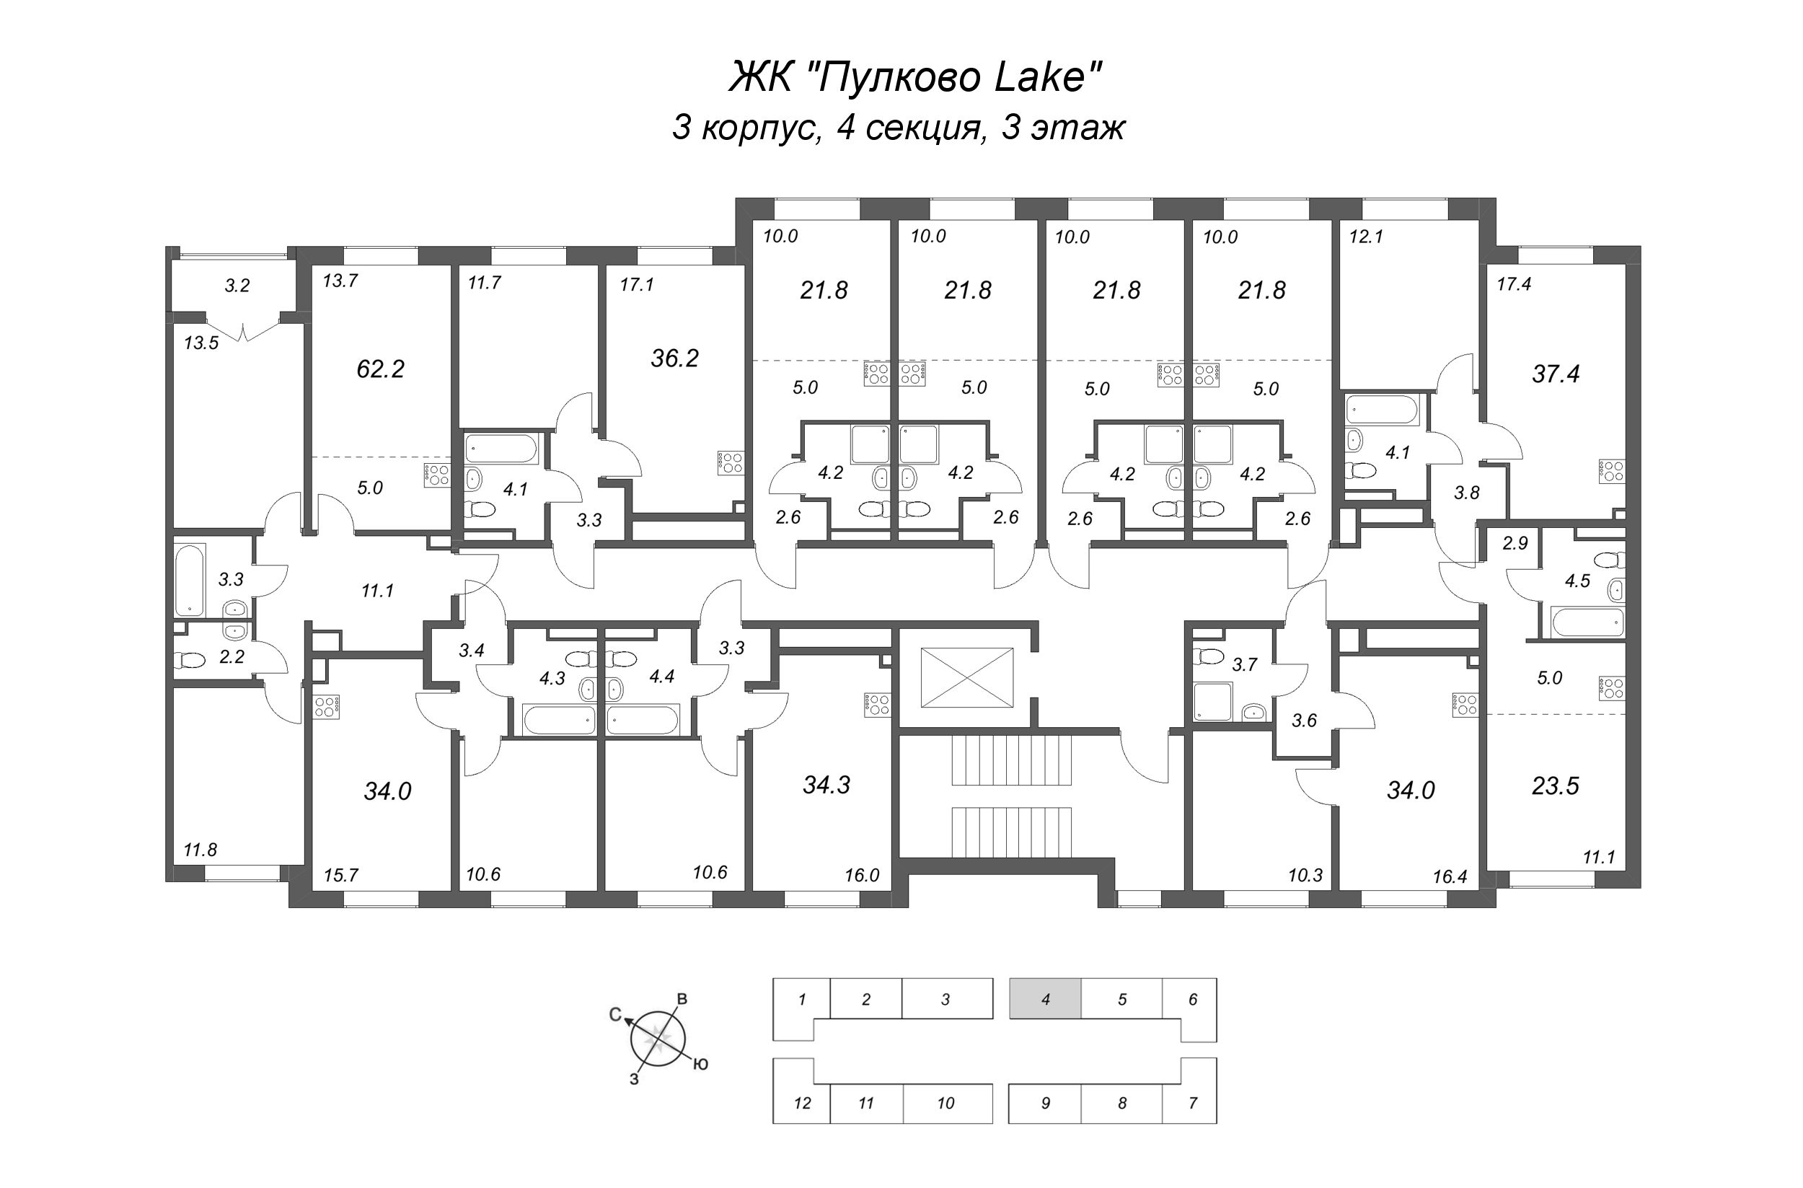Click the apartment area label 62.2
tap(380, 369)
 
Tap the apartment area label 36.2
tap(674, 358)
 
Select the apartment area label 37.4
tap(1556, 374)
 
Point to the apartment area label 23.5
tap(1556, 786)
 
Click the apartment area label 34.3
tap(826, 785)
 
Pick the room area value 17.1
tap(636, 285)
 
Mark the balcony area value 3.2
tap(237, 286)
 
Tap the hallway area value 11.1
tap(377, 590)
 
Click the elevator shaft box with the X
tap(966, 677)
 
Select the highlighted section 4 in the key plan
tap(1045, 998)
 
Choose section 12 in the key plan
tap(801, 1103)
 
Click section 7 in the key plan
tap(1192, 1103)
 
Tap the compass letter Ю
tap(701, 1065)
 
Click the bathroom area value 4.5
tap(1577, 581)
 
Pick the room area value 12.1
tap(1366, 237)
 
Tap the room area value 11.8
tap(200, 850)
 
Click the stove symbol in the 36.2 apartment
tap(731, 463)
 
